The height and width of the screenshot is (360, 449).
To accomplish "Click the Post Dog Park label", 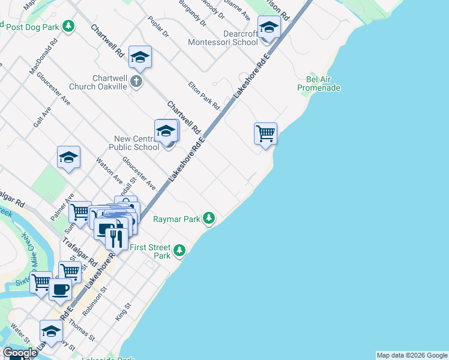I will (32, 27).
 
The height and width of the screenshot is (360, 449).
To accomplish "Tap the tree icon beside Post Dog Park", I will (70, 26).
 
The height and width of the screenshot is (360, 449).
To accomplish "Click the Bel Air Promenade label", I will (319, 83).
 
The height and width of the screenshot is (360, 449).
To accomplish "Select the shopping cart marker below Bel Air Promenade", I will (265, 133).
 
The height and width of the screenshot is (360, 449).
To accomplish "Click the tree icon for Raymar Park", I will (209, 218).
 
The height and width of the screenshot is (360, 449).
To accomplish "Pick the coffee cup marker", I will (59, 289).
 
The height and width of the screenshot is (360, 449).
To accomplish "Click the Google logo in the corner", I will (20, 353).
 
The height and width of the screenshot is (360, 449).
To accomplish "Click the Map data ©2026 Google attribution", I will (412, 355).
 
